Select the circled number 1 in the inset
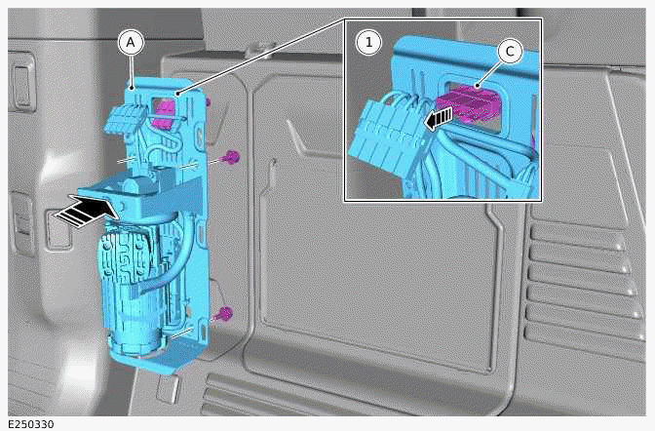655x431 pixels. click(x=367, y=42)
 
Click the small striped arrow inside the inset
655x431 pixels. click(x=441, y=118)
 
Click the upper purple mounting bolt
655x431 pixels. click(x=231, y=157)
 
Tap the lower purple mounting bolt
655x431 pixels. click(x=224, y=313)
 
